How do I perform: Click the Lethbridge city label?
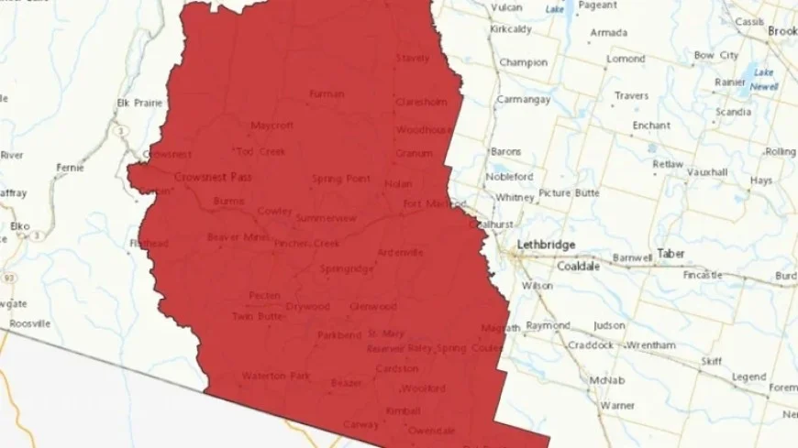tap(546, 245)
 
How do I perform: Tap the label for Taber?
tap(671, 253)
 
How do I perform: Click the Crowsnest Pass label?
tap(213, 177)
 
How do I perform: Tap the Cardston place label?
tap(397, 368)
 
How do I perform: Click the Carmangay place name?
tap(523, 98)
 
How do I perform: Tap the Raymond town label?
tap(548, 325)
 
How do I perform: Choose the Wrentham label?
tap(650, 344)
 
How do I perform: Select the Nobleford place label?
tap(510, 176)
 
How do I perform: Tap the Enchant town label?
tap(651, 125)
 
